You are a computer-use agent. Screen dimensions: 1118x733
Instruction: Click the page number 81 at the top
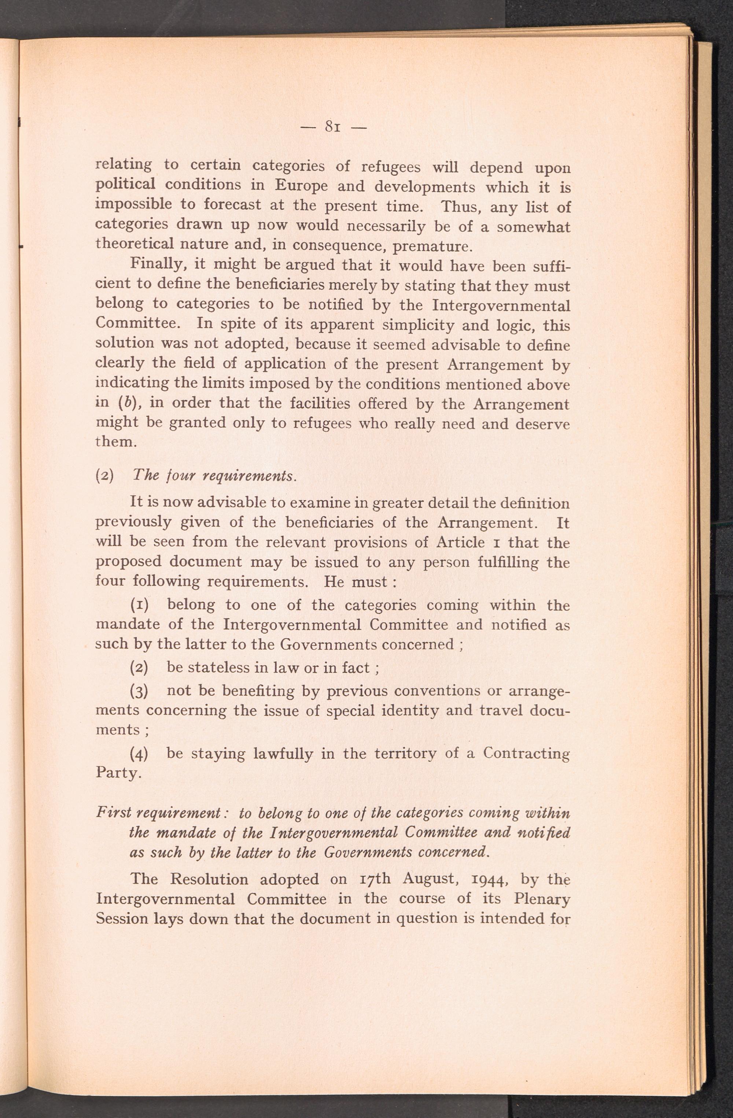332,126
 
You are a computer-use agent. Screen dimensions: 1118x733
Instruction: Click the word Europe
301,186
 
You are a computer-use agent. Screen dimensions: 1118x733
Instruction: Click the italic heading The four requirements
214,475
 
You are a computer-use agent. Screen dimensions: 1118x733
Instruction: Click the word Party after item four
118,773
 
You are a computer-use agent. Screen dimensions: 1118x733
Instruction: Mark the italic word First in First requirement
111,812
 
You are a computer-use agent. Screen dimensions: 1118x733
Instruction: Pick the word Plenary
542,899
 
